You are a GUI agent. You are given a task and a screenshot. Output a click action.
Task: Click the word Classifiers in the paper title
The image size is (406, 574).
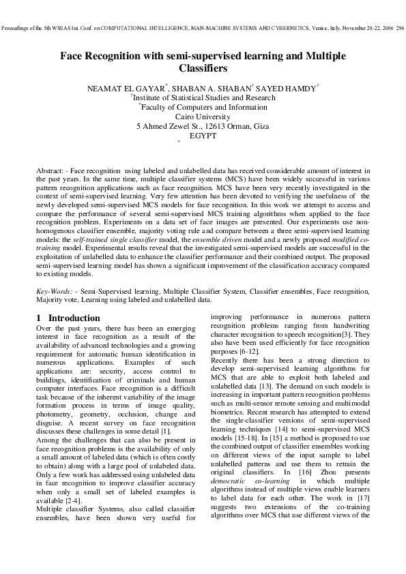tap(202, 68)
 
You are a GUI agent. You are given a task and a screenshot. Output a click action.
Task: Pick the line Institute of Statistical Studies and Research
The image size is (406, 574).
tap(203, 98)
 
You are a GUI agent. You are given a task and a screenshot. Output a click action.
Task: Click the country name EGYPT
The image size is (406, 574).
tap(203, 136)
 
